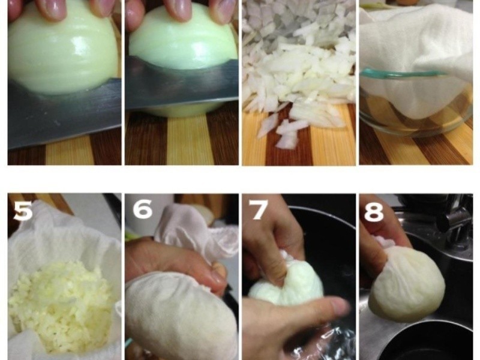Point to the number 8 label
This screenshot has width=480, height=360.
click(x=374, y=211)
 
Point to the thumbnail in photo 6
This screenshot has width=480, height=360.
click(x=220, y=277)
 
